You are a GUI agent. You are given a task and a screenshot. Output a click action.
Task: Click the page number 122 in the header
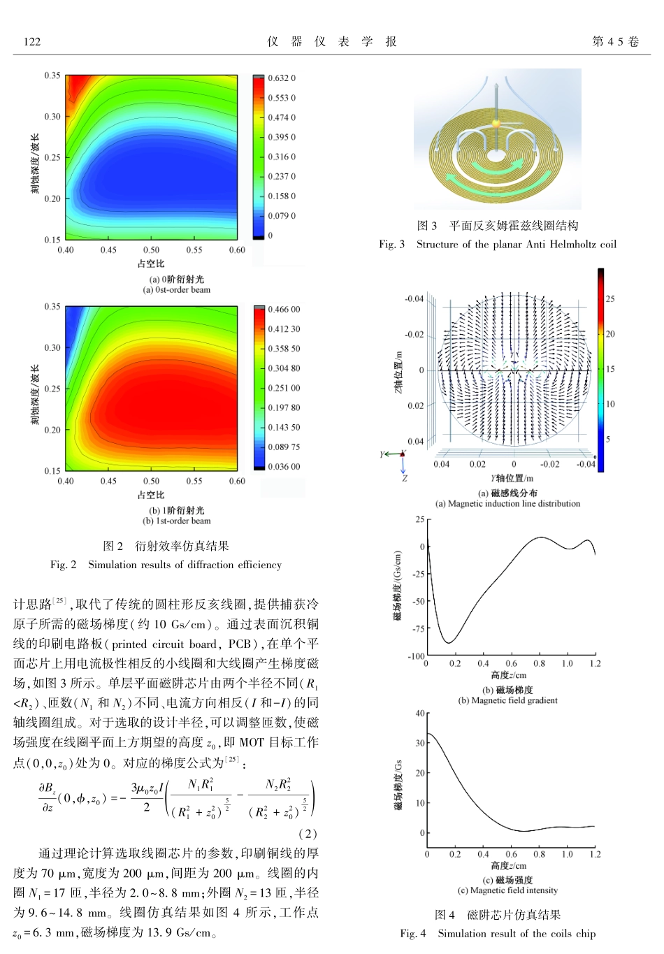point(32,42)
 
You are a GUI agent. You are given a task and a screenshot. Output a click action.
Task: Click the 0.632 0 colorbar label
point(282,78)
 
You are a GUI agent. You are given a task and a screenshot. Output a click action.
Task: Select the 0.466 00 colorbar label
point(284,310)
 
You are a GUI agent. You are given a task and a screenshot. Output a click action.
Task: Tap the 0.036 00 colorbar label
point(284,467)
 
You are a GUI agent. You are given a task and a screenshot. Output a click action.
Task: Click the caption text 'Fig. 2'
point(63,565)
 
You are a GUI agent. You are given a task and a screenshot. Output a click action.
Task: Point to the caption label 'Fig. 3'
point(391,245)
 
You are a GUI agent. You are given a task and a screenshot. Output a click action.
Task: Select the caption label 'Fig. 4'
point(412,934)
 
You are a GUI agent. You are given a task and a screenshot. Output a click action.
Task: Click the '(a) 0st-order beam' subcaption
point(176,290)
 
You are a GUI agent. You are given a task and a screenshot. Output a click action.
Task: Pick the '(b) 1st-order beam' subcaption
point(176,521)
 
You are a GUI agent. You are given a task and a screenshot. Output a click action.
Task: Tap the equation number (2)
point(308,833)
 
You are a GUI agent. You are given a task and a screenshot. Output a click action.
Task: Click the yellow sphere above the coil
point(496,124)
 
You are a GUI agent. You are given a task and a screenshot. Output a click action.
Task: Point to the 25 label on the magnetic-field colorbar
point(610,299)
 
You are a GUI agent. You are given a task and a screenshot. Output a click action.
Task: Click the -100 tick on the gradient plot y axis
point(416,656)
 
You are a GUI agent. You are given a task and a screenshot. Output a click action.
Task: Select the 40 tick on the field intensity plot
point(419,714)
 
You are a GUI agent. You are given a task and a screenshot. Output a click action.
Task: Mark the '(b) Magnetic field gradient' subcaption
point(507,700)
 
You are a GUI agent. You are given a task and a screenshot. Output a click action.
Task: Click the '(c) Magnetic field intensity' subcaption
point(507,890)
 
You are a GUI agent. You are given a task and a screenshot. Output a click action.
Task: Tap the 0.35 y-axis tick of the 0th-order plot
point(52,75)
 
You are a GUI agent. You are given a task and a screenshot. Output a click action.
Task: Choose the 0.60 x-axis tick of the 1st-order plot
point(237,481)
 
